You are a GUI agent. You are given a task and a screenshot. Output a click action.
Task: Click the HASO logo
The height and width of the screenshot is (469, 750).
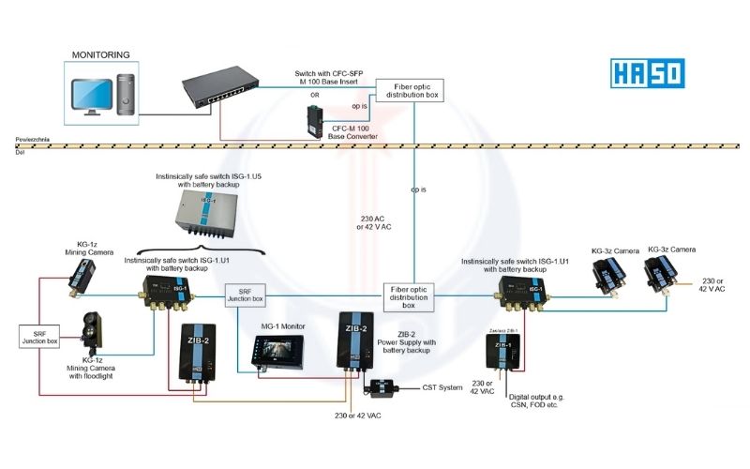click(648, 73)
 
